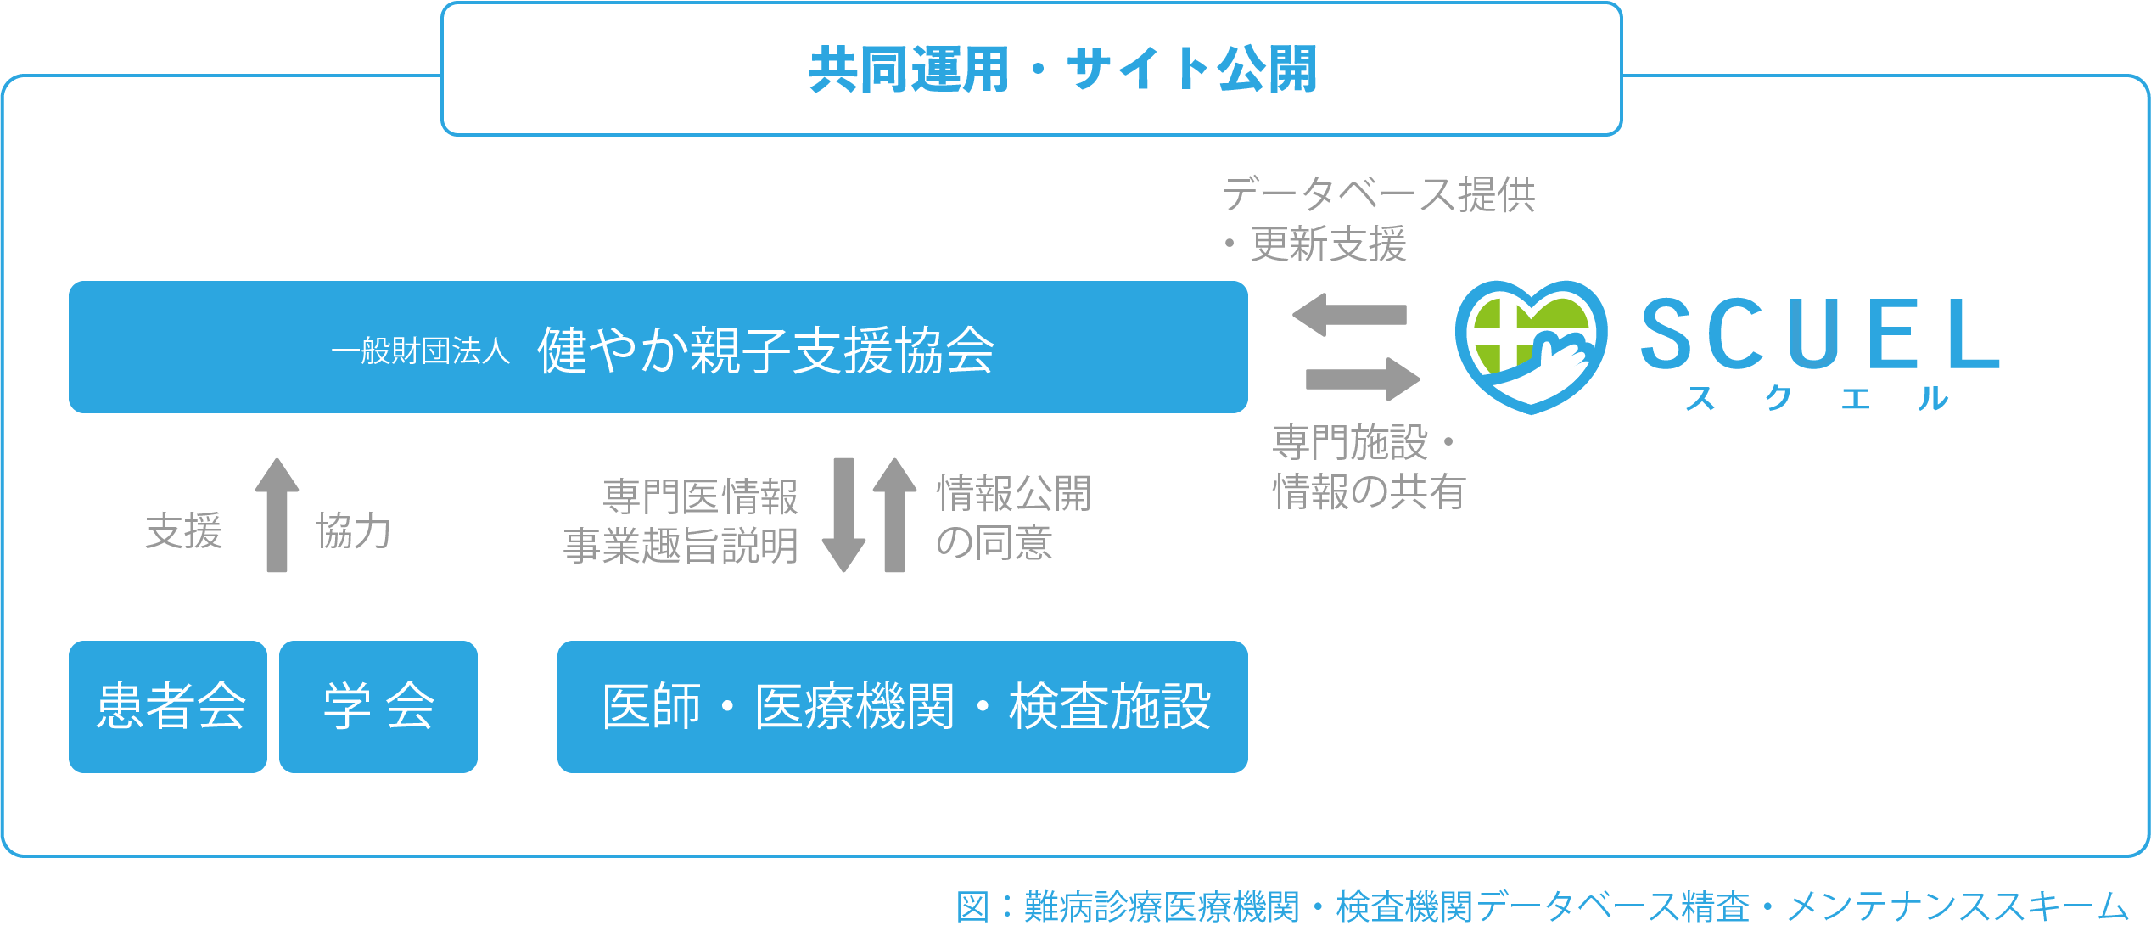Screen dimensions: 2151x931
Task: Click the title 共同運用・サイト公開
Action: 1062,70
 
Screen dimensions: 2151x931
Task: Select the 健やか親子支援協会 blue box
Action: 658,348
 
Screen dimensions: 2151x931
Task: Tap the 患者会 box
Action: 168,706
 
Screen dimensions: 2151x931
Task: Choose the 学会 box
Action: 378,706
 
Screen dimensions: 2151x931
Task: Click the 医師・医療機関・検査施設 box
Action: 902,706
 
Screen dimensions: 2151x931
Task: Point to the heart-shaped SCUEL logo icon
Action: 1530,346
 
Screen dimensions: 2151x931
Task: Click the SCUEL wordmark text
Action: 1819,334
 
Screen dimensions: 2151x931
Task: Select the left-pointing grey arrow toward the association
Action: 1349,315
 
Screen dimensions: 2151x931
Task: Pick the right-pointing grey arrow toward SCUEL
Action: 1363,379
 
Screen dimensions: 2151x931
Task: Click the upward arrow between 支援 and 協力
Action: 277,515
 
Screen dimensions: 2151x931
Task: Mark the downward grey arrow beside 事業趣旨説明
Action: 843,515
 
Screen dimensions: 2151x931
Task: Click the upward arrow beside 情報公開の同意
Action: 894,515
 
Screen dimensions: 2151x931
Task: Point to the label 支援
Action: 183,532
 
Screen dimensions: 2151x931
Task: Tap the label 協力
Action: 353,532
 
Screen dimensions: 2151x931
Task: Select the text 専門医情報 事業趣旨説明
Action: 681,521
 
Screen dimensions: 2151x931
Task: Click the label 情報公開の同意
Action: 1013,518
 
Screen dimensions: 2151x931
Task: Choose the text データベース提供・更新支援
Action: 1378,219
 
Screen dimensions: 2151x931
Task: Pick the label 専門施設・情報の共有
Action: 1368,467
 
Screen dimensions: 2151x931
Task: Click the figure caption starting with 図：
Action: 1541,906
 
